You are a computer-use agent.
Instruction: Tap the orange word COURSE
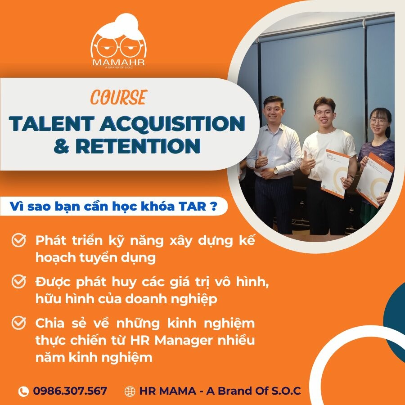(x=118, y=98)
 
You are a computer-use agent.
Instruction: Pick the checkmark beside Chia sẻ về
(x=18, y=323)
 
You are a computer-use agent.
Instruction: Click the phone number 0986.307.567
(x=70, y=391)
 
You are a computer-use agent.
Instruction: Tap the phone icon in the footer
(x=23, y=391)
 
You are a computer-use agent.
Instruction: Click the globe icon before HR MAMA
(x=130, y=391)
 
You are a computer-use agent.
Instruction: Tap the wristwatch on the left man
(x=276, y=171)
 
